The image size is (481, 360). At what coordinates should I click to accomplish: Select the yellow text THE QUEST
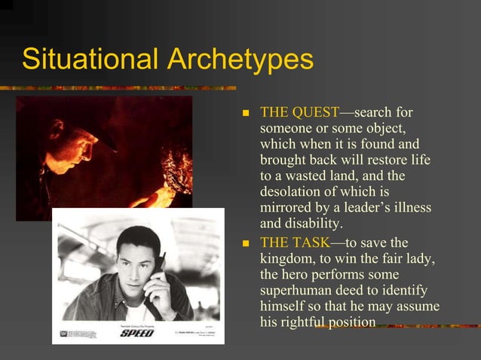(299, 112)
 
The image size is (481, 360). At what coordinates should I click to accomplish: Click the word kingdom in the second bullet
(289, 258)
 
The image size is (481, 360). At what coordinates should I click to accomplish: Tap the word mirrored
(288, 208)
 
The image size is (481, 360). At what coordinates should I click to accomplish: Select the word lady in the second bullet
(421, 258)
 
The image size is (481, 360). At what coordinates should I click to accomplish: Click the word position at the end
(355, 322)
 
